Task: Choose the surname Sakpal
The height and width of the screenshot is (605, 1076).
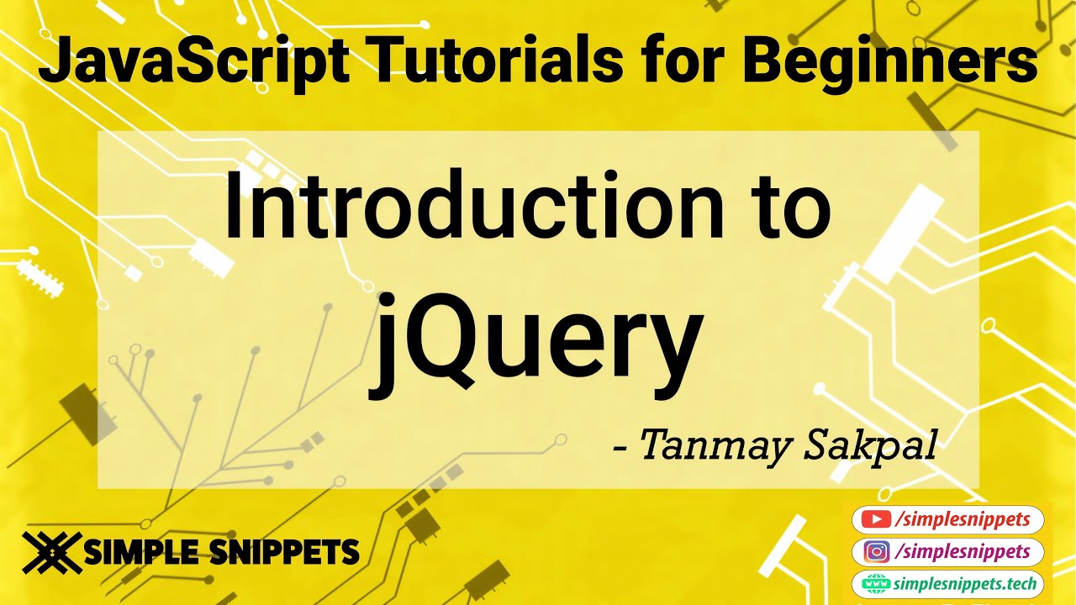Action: [x=871, y=446]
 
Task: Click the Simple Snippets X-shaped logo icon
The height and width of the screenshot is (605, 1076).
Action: [x=51, y=553]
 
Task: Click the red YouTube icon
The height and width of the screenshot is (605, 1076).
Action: [x=878, y=520]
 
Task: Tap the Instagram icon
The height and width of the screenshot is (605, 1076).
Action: [x=878, y=552]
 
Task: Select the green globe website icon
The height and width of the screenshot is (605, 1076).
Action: [x=877, y=584]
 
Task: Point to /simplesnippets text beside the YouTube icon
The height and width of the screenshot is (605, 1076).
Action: [x=963, y=520]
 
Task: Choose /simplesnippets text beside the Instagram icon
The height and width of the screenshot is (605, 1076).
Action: [x=963, y=552]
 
